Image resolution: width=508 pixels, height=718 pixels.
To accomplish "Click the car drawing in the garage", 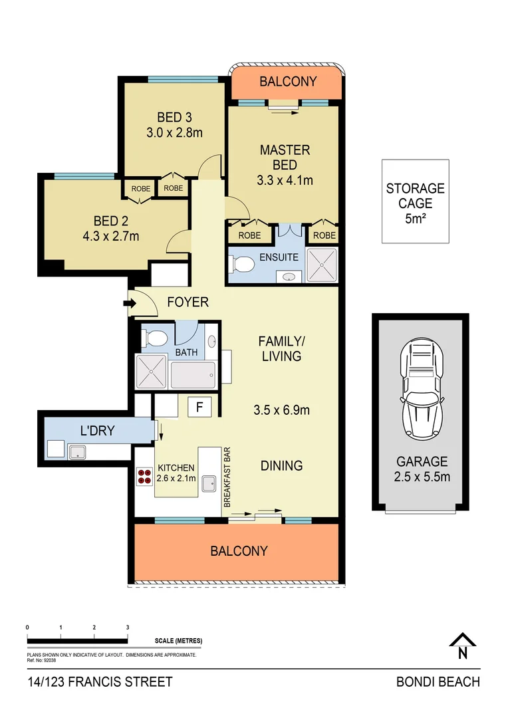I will [x=420, y=392].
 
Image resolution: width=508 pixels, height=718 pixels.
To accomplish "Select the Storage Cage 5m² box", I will [x=415, y=201].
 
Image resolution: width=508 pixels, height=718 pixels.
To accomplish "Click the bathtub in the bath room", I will [x=193, y=375].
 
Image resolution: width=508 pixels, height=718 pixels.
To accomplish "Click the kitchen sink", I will [x=210, y=483].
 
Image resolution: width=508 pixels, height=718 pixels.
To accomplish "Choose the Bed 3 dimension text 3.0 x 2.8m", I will [x=175, y=132].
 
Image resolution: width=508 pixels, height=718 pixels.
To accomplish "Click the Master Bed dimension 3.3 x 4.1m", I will [x=285, y=179].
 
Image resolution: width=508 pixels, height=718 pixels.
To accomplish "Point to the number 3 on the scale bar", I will [x=127, y=627].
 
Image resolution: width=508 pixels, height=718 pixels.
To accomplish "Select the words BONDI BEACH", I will [x=438, y=681].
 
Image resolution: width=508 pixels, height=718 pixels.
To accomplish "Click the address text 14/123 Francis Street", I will [x=100, y=681].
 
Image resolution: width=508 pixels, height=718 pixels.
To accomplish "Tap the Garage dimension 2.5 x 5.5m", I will [x=422, y=476].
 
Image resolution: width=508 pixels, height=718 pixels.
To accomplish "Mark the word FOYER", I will [x=188, y=302].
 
